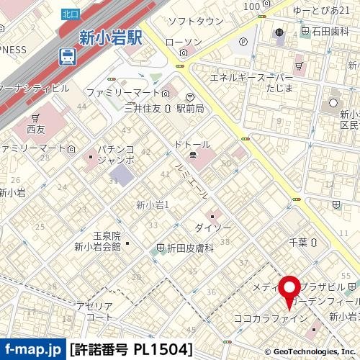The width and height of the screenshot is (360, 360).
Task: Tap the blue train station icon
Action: (x=66, y=55)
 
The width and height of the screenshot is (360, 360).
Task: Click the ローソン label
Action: (x=184, y=42)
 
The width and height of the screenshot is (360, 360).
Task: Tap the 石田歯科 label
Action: (x=331, y=31)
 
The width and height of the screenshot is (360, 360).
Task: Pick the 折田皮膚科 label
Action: (x=191, y=248)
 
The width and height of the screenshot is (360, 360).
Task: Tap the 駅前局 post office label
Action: (x=210, y=107)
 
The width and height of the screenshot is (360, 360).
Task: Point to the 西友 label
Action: (x=36, y=130)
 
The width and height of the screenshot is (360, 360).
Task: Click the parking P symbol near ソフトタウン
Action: (x=243, y=41)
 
